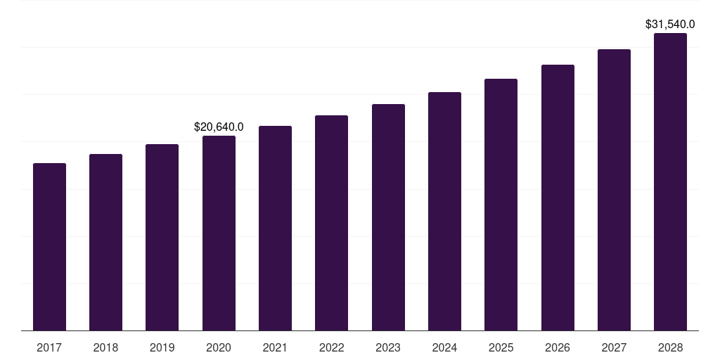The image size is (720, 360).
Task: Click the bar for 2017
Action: (x=49, y=247)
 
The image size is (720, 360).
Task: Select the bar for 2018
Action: (x=105, y=243)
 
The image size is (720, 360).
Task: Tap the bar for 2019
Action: (x=162, y=238)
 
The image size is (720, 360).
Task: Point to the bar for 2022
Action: (x=331, y=223)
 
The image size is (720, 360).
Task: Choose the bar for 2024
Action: (x=444, y=212)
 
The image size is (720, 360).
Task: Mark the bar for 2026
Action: (x=558, y=198)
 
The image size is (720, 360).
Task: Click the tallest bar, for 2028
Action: (x=670, y=182)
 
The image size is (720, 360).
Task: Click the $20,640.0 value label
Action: (x=219, y=127)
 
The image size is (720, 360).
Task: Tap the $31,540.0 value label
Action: (x=670, y=25)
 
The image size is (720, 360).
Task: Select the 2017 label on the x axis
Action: (x=49, y=347)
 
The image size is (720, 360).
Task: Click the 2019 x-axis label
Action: (x=162, y=347)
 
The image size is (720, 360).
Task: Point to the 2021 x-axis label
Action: (x=275, y=347)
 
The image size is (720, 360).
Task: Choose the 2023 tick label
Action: (x=388, y=347)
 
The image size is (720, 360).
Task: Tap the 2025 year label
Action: (x=501, y=347)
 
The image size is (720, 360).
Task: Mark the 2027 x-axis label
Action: (x=614, y=347)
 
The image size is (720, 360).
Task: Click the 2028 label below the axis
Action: (x=670, y=347)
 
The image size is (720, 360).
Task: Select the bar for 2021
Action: (x=275, y=229)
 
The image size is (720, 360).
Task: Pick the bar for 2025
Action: (x=501, y=205)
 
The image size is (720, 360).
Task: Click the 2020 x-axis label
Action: (x=219, y=347)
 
